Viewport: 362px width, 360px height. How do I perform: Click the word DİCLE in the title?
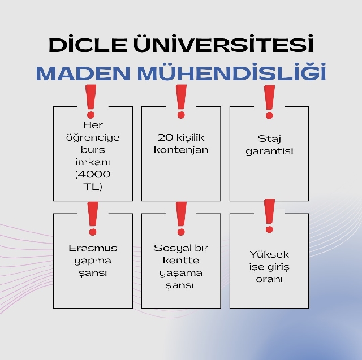(88, 44)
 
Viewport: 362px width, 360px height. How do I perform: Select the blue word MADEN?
(83, 73)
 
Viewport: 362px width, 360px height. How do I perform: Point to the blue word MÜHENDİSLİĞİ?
(231, 72)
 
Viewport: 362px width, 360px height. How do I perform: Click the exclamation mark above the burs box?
(90, 102)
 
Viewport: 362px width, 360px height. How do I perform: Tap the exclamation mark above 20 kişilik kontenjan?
(181, 102)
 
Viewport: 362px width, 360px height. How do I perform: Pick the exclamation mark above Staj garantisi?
(269, 102)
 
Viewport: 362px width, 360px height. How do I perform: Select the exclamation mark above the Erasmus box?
(93, 219)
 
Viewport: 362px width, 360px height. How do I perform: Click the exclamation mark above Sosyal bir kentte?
(181, 219)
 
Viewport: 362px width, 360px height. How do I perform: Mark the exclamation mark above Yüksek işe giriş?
(269, 216)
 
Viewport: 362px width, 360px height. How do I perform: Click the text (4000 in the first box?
(93, 174)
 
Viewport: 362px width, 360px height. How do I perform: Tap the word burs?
(93, 149)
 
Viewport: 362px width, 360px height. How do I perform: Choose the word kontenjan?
(181, 150)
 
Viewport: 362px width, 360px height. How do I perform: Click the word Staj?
(269, 139)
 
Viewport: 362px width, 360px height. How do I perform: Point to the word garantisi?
(269, 151)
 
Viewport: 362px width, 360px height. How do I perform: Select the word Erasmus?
(93, 248)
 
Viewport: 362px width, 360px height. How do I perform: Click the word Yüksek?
(269, 254)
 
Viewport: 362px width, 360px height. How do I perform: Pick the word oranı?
(269, 279)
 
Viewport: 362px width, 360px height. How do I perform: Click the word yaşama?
(181, 274)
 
